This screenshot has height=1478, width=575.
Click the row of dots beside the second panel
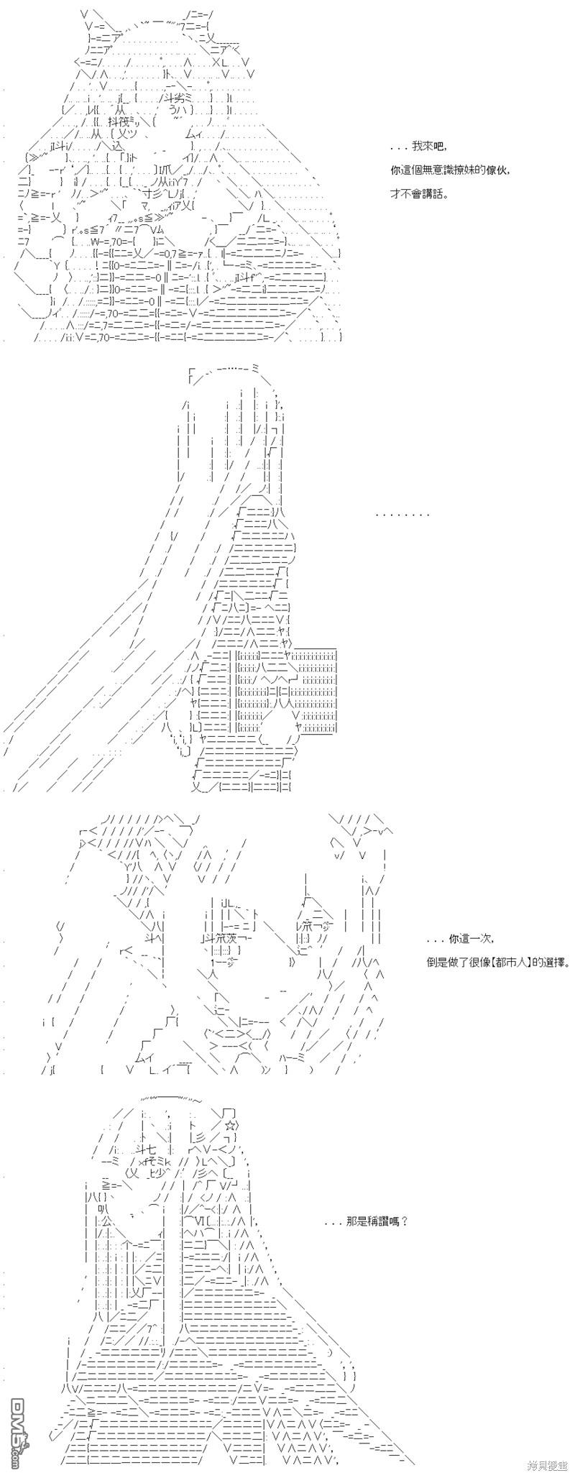coord(403,515)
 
